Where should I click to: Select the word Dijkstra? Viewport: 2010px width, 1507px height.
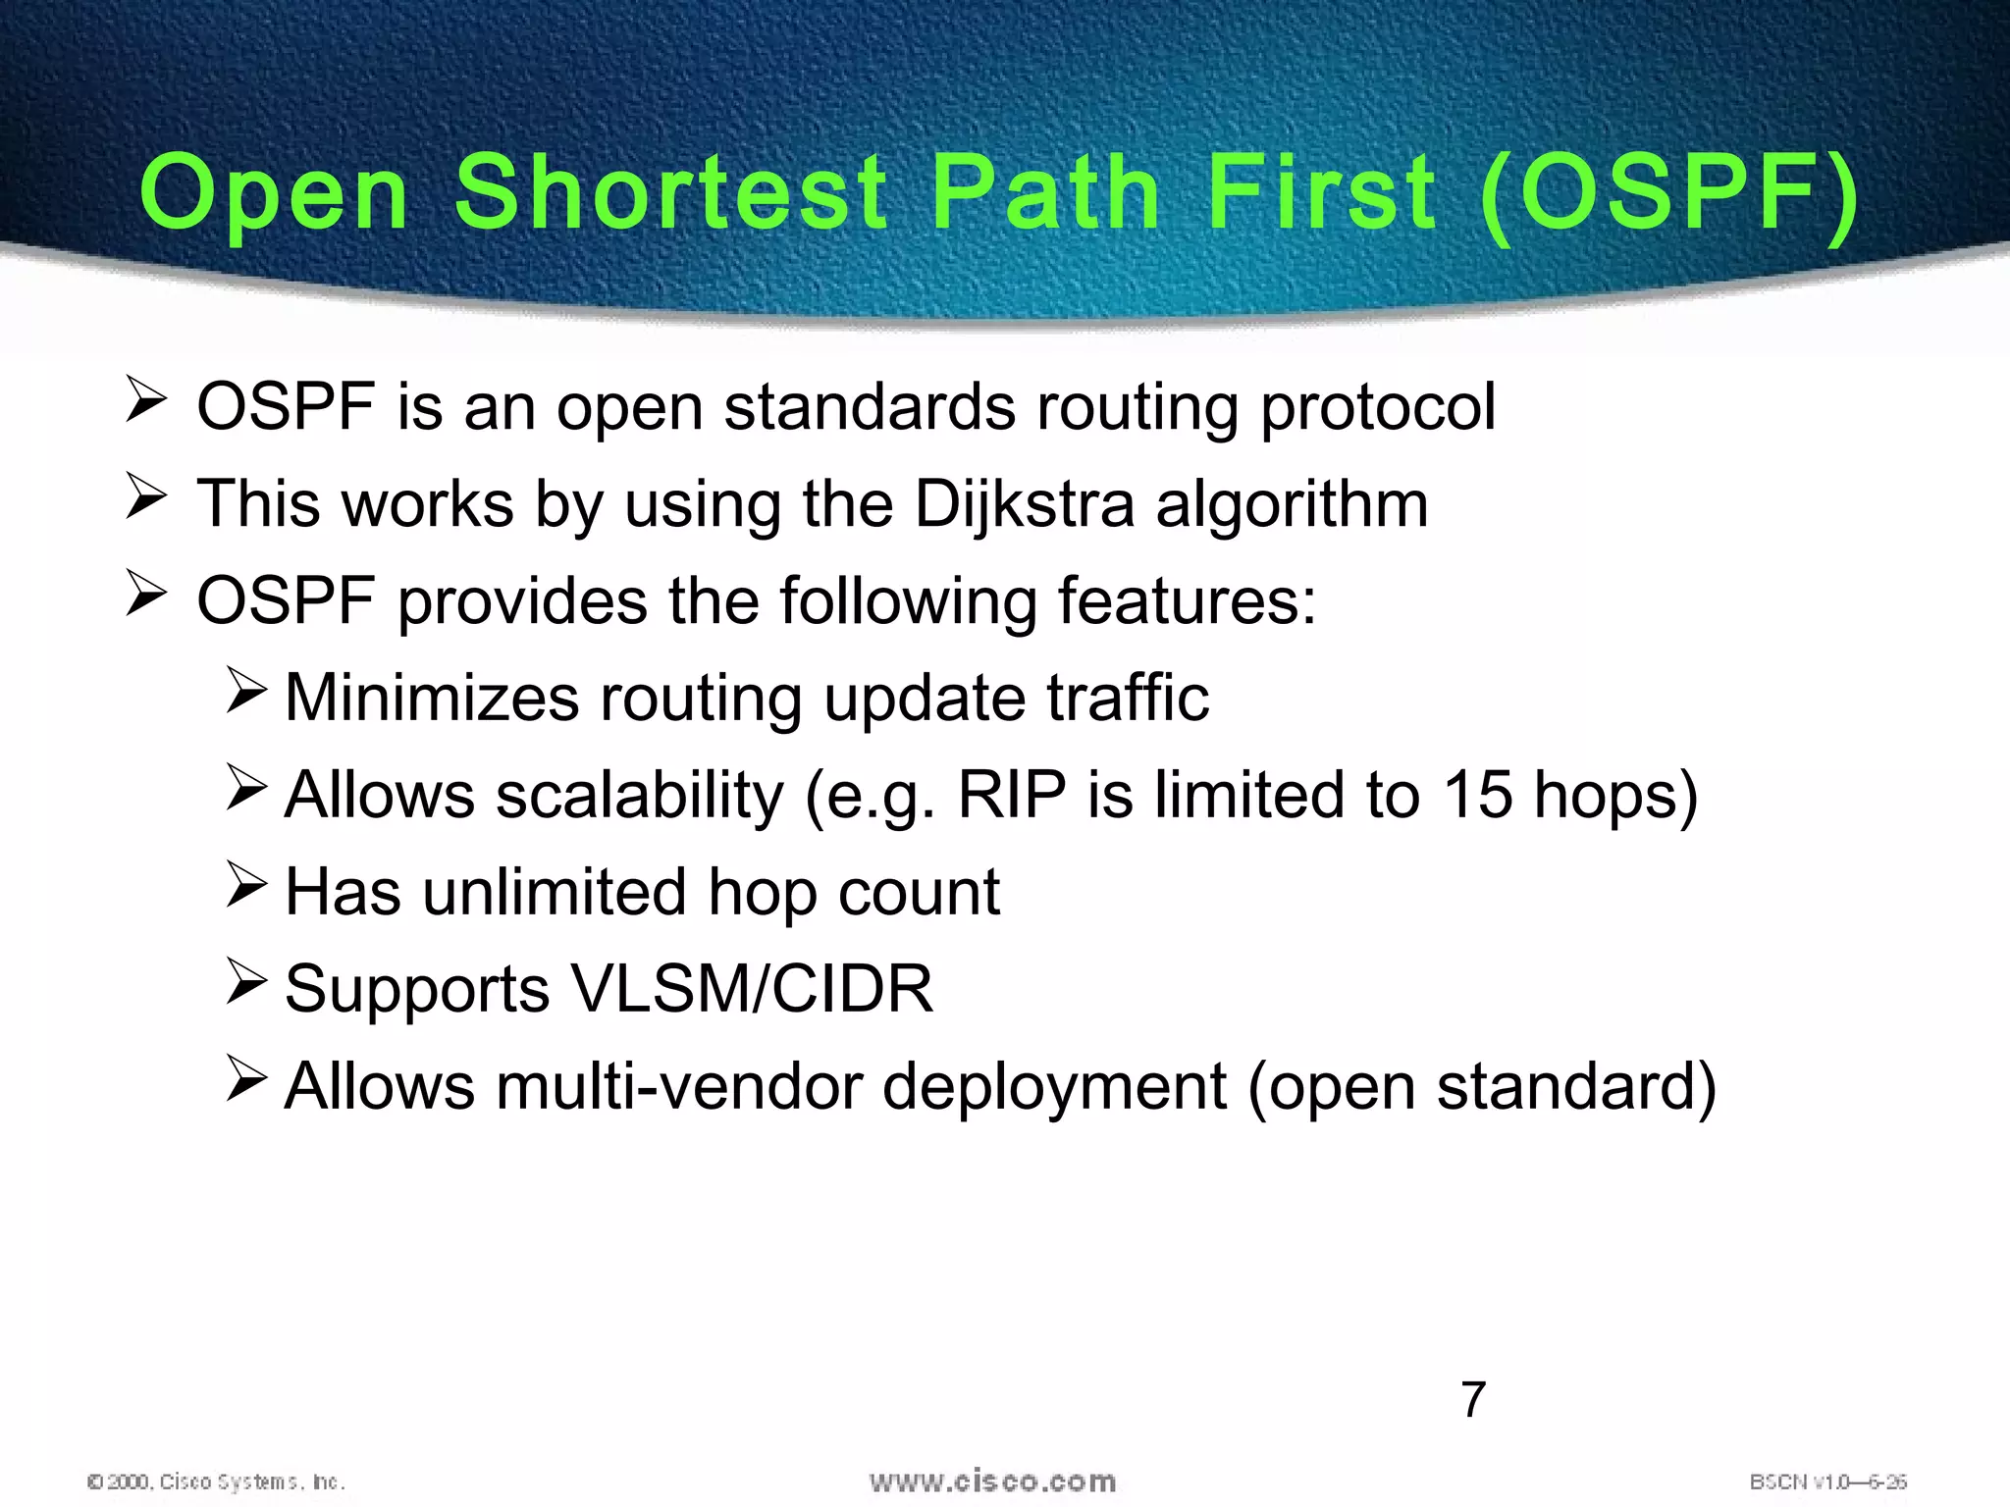click(x=1024, y=504)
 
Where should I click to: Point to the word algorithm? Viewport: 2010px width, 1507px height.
click(x=1292, y=504)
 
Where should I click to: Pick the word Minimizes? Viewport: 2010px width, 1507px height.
click(x=432, y=698)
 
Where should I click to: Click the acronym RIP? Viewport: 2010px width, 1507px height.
click(x=1012, y=795)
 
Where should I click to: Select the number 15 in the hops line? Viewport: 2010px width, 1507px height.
click(x=1477, y=795)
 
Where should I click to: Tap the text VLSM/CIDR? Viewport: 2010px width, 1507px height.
click(x=751, y=989)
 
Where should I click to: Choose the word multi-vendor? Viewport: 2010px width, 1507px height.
click(x=678, y=1086)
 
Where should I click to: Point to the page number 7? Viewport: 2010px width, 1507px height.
click(x=1473, y=1400)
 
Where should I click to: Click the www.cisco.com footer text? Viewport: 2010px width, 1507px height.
click(x=992, y=1481)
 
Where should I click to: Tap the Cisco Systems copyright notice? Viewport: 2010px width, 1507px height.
click(x=216, y=1481)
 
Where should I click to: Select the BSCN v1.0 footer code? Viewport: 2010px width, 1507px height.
click(x=1827, y=1481)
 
